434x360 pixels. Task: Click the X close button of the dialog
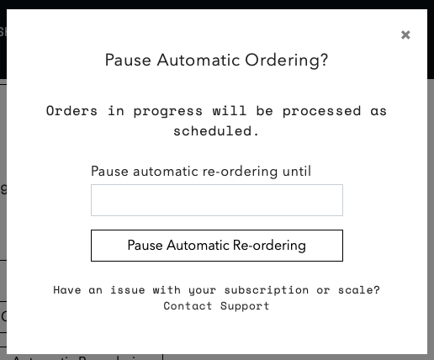[405, 35]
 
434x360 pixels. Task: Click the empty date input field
[217, 200]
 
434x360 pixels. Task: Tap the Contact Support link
[216, 306]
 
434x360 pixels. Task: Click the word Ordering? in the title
[286, 61]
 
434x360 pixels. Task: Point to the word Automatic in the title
[198, 60]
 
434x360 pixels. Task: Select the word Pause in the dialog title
[128, 60]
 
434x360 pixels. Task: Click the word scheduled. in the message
[216, 131]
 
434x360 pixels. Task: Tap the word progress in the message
[167, 112]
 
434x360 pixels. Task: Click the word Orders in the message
[71, 111]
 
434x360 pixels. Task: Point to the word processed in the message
[321, 112]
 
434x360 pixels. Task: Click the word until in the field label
[297, 171]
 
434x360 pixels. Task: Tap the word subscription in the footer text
[267, 290]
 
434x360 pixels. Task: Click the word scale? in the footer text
[359, 290]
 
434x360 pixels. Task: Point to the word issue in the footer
[128, 290]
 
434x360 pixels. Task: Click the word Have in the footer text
[67, 290]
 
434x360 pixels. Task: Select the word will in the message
[230, 111]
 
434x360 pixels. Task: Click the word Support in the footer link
[245, 306]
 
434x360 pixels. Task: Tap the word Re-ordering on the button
[269, 246]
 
